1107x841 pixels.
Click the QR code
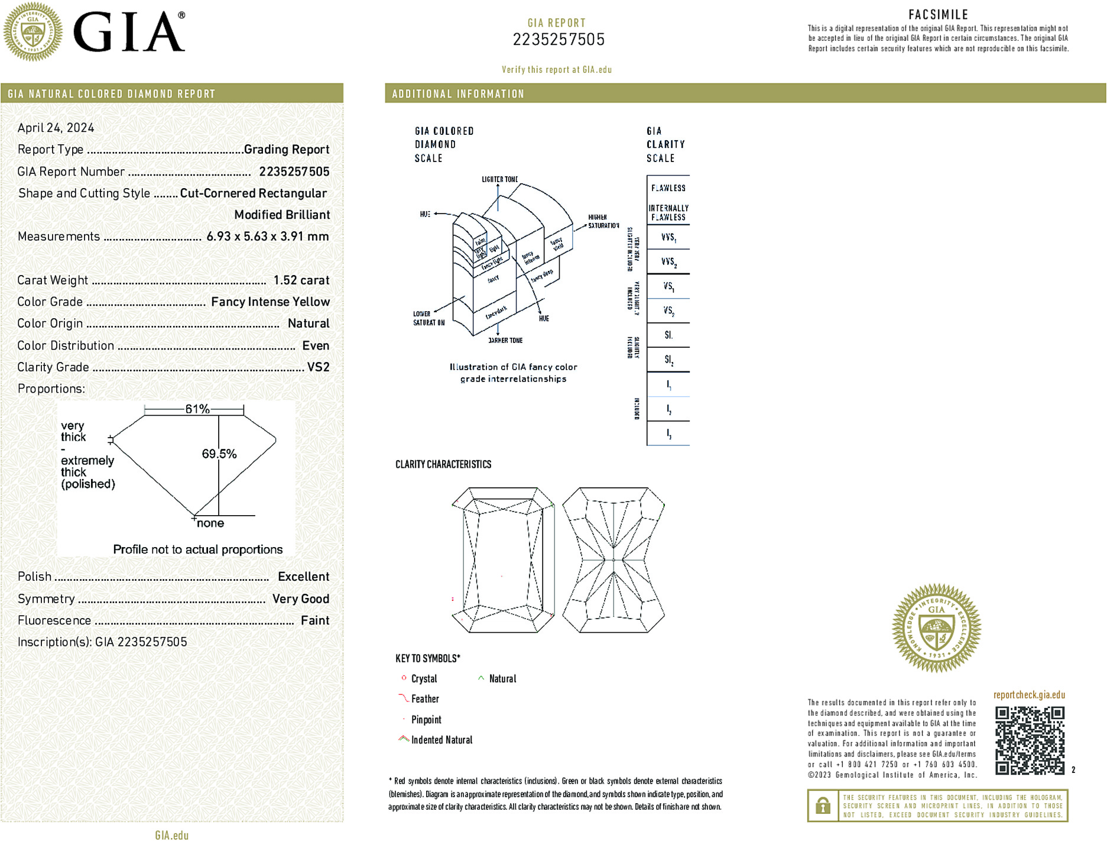pos(1029,740)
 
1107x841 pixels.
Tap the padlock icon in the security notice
pos(823,806)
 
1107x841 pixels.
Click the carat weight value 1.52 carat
pos(301,280)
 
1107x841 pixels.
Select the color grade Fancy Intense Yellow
pos(270,302)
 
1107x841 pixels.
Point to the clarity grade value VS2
pos(318,367)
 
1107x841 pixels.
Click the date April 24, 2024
pos(56,128)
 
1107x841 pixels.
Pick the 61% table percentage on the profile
pos(197,409)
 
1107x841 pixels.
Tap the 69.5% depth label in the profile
pos(219,454)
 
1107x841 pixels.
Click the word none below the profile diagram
pos(210,523)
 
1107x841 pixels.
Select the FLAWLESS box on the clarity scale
pos(668,188)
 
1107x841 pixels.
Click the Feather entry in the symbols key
pos(425,699)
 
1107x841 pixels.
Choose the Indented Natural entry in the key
pos(441,740)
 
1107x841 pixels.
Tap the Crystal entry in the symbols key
pos(424,679)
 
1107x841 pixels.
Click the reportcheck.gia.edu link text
pos(1029,695)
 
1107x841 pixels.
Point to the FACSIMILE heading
pos(938,15)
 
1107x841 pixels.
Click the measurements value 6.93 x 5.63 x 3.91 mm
pos(267,237)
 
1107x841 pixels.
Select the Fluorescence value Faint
pos(314,620)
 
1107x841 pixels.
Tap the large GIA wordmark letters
pos(129,32)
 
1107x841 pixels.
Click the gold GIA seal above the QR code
pos(936,628)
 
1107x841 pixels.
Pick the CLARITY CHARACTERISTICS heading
pos(443,464)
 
